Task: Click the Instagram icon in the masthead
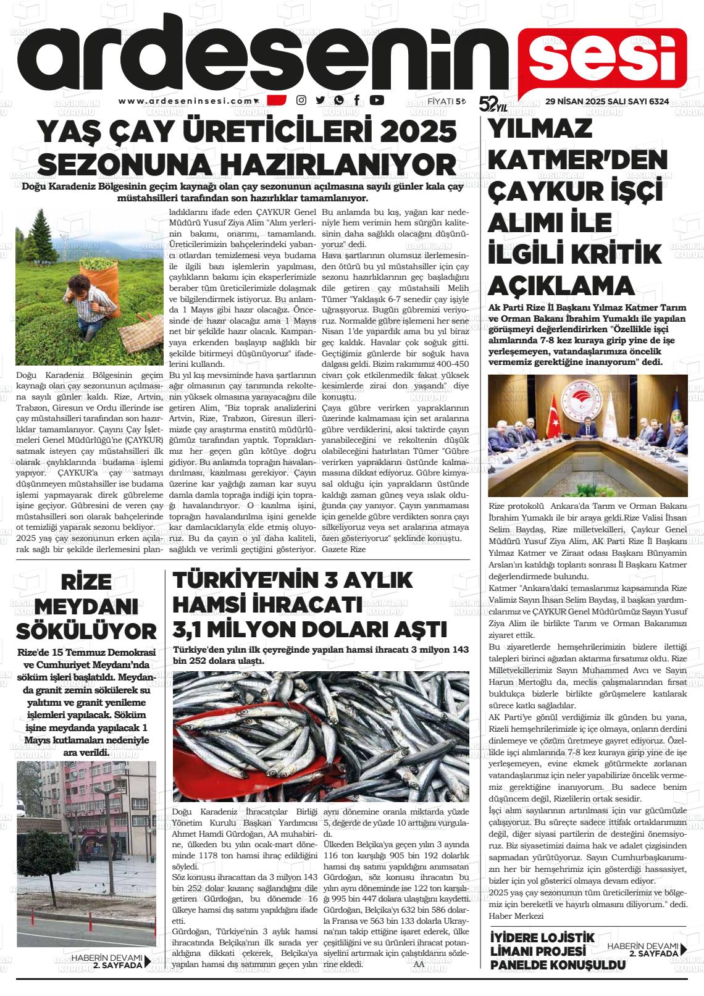tap(301, 101)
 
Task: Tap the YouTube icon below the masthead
tap(376, 101)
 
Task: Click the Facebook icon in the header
tap(357, 101)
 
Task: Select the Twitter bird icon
tap(320, 101)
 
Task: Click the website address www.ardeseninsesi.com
tap(185, 101)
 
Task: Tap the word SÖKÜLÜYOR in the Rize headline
tap(86, 631)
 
